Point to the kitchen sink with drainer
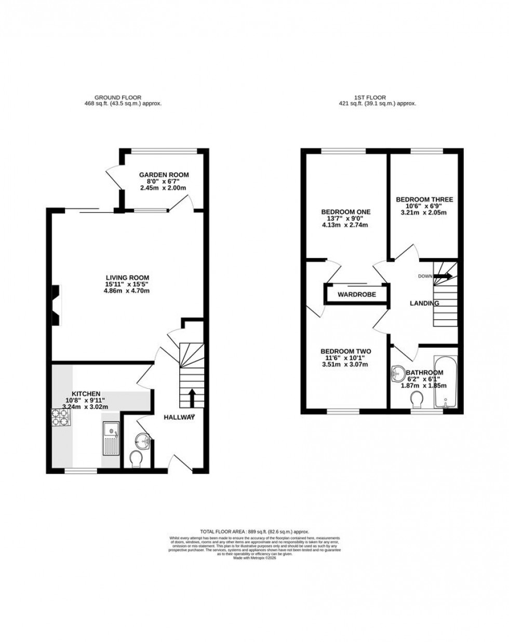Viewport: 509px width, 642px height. tap(112, 438)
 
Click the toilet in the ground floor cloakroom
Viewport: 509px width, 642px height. tap(137, 459)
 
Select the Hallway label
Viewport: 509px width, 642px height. tap(179, 417)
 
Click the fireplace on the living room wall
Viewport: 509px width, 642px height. tap(56, 306)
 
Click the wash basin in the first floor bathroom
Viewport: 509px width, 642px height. tap(399, 373)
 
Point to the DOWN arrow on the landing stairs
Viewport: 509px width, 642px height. tap(445, 276)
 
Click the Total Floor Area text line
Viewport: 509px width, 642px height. tap(254, 531)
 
